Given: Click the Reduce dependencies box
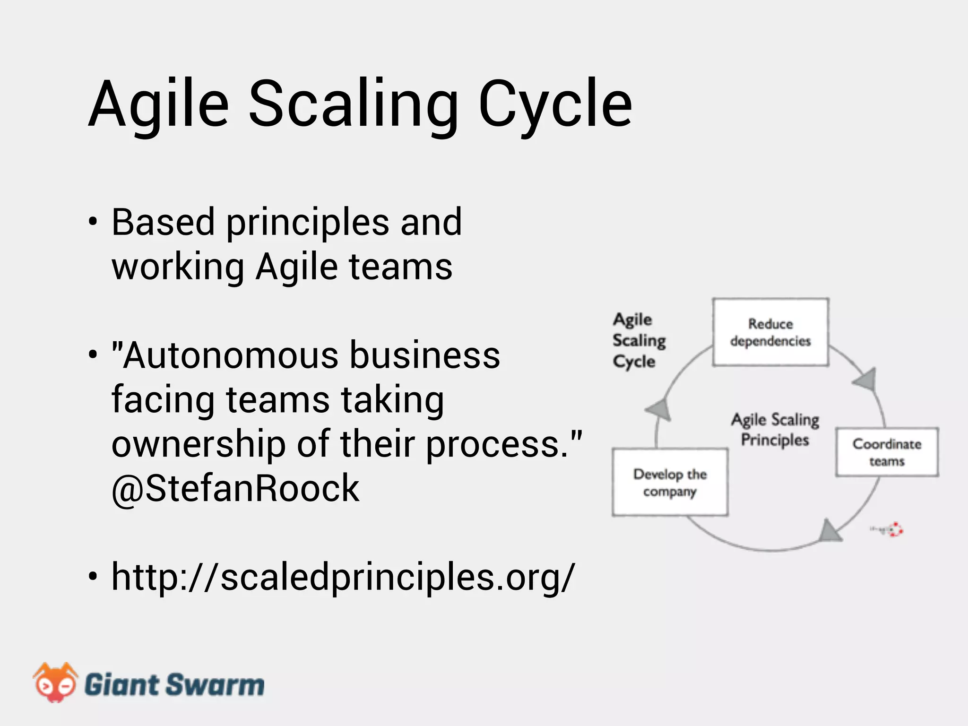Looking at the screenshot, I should tap(770, 332).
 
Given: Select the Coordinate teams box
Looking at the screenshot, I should tap(887, 452).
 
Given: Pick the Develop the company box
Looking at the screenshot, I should tap(670, 482).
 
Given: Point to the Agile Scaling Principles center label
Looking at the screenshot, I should tap(775, 429).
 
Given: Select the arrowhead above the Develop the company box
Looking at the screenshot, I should tap(659, 408).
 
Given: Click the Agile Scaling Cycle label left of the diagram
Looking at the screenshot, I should tap(638, 340).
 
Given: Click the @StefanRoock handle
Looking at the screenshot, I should tap(235, 488).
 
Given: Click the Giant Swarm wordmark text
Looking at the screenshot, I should tap(174, 685).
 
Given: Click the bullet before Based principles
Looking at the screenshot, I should tap(93, 222).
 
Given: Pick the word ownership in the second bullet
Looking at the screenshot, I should tap(199, 444).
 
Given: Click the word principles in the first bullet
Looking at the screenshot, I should tap(308, 222).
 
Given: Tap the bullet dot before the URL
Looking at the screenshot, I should tap(93, 577).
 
